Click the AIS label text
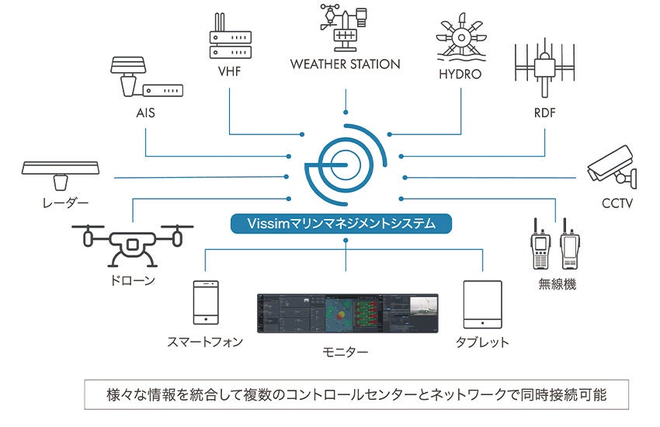tap(145, 113)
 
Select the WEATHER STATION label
tap(346, 64)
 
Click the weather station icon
tap(345, 27)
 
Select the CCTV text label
tap(617, 204)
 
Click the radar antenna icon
tap(61, 174)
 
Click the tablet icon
tap(482, 303)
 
